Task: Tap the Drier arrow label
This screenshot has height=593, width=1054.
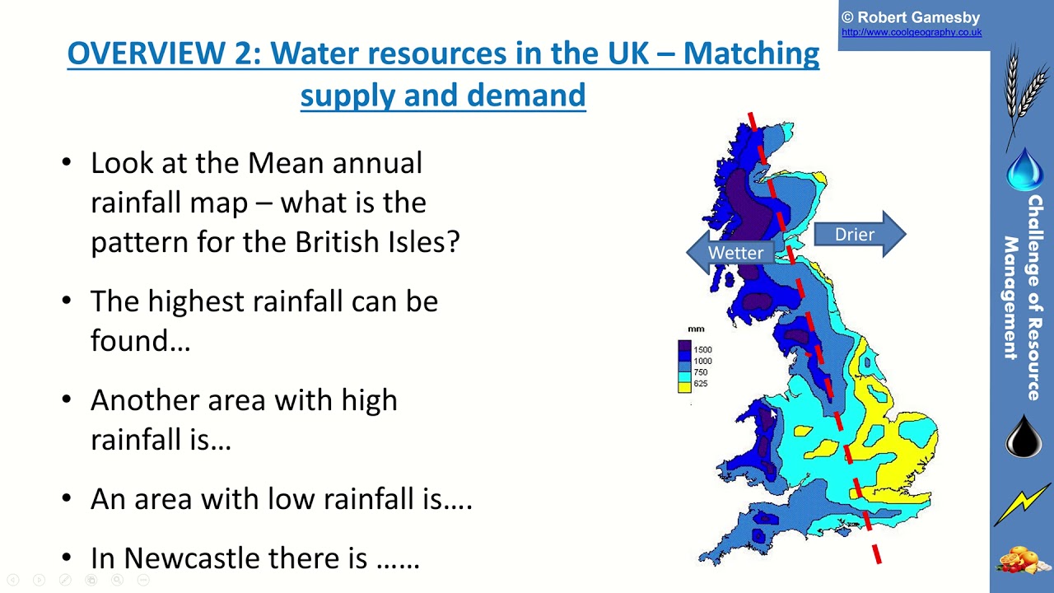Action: [x=854, y=235]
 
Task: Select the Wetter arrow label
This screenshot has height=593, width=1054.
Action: [x=735, y=253]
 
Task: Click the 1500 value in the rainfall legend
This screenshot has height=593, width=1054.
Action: [x=702, y=350]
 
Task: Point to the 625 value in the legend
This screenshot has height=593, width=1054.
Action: [x=701, y=384]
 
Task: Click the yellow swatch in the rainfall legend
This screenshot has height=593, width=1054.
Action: [x=684, y=385]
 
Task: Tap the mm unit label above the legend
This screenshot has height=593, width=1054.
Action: [x=696, y=329]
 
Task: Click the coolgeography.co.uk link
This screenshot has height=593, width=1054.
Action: [x=911, y=33]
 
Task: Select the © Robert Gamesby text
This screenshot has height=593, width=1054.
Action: [x=910, y=17]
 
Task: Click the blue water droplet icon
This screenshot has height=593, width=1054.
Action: [x=1024, y=169]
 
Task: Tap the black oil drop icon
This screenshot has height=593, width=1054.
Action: [x=1024, y=437]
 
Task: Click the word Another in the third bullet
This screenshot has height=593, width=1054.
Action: [x=145, y=400]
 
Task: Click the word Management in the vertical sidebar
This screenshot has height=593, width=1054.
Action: [x=1011, y=298]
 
